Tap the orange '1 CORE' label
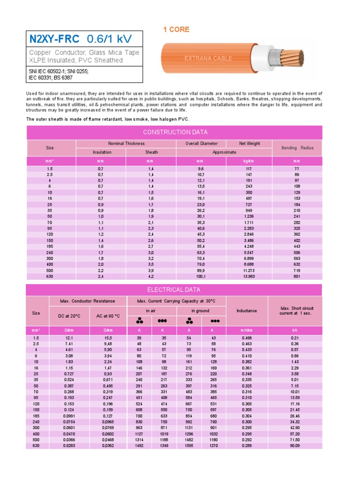pos(176,30)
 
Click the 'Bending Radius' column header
pos(297,148)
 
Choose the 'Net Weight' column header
pos(249,143)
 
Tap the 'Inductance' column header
pos(247,311)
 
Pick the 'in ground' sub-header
pos(200,311)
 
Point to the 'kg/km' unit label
pos(249,161)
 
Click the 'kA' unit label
pos(295,330)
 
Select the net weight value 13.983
pos(249,276)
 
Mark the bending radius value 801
pos(297,276)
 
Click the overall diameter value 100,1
pos(201,276)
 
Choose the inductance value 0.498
pos(247,338)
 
